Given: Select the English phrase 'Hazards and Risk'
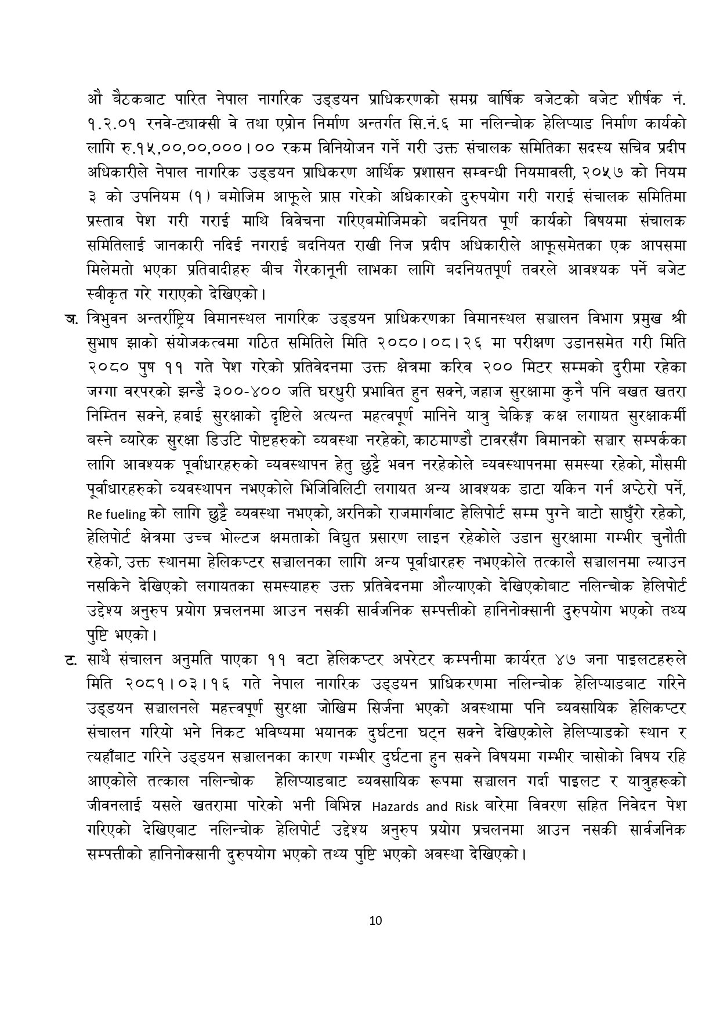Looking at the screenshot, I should (x=410, y=807).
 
